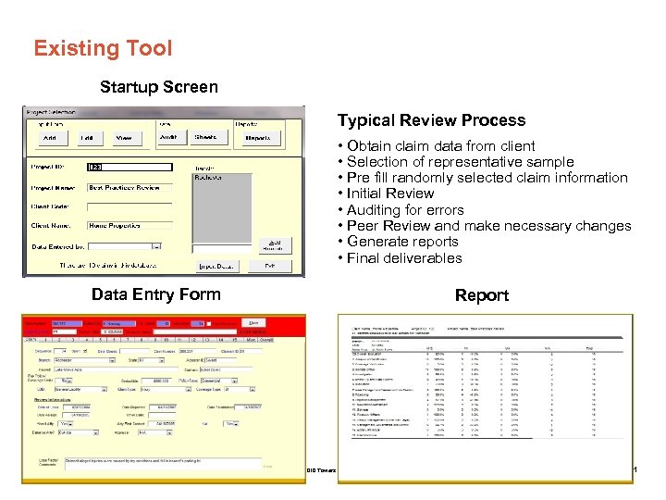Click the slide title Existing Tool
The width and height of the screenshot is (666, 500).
click(x=103, y=48)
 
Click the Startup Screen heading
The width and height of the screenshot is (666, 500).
click(x=159, y=87)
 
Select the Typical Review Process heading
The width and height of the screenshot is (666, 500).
click(x=431, y=120)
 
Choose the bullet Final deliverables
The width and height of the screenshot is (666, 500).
click(x=403, y=258)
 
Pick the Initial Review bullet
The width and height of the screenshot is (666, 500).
click(x=389, y=194)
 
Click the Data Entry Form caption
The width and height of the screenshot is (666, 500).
click(x=156, y=294)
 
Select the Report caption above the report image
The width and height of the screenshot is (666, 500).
click(x=482, y=295)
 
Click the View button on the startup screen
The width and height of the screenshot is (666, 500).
click(x=123, y=138)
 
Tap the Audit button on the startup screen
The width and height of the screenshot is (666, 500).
click(x=168, y=137)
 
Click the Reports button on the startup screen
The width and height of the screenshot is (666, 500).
click(x=257, y=138)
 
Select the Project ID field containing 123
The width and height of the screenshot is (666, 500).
click(x=129, y=168)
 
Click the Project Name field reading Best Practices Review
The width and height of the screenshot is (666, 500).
click(x=129, y=187)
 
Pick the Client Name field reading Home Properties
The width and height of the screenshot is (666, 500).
click(x=129, y=225)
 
